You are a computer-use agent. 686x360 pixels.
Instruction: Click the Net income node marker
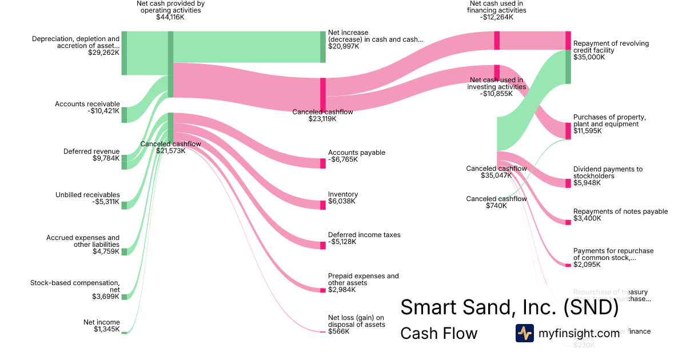(x=124, y=332)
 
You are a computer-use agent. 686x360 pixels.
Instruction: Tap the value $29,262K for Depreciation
(x=103, y=53)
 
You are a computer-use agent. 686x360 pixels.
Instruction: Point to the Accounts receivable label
(x=87, y=104)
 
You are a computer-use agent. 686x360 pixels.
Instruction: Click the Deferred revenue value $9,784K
(x=106, y=158)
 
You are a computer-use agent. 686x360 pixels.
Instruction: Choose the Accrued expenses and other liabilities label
(x=83, y=241)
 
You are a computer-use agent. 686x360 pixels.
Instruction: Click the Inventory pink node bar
(x=323, y=205)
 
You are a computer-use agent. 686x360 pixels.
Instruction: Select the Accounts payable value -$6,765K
(x=343, y=159)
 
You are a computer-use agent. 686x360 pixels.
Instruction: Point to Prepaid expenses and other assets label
(x=363, y=279)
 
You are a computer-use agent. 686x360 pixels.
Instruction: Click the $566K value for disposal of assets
(x=338, y=331)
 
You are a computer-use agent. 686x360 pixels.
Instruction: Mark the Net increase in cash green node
(x=323, y=47)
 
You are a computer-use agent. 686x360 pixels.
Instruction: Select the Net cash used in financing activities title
(x=496, y=7)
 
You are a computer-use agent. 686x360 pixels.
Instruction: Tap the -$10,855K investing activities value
(x=497, y=94)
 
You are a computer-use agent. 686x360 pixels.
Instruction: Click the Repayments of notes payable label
(x=620, y=211)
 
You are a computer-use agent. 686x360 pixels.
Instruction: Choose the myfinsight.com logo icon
(x=525, y=333)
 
